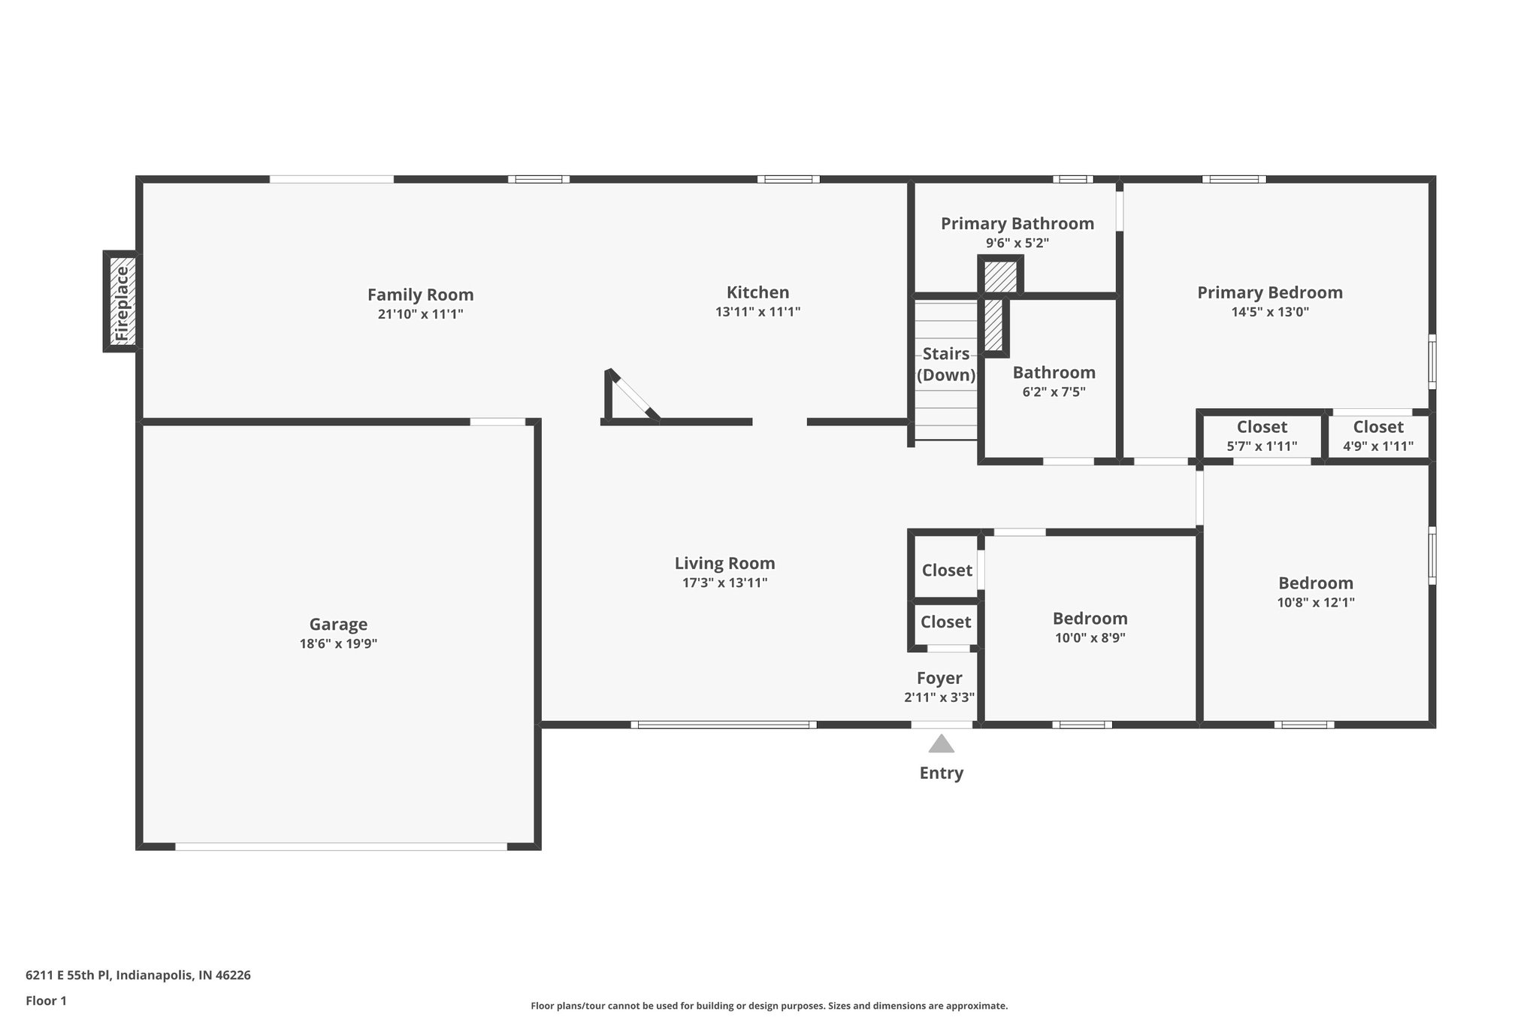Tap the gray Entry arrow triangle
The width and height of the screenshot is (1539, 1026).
coord(941,744)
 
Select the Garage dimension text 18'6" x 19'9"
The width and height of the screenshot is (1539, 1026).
coord(338,643)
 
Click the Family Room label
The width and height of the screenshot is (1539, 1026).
coord(420,295)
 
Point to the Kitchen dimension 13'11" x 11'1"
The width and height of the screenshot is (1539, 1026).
coord(757,312)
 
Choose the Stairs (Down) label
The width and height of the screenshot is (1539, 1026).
coord(945,365)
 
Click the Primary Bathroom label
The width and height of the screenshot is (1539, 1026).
coord(1017,223)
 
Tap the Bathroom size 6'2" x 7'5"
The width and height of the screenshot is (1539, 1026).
coord(1054,392)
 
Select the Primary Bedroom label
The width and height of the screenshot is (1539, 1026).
coord(1269,292)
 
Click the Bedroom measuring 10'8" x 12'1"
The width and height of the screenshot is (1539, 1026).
coord(1315,592)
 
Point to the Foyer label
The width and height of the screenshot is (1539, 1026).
coord(939,678)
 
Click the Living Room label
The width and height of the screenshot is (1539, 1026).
coord(724,563)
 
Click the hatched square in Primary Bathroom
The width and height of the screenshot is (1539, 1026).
coord(1000,276)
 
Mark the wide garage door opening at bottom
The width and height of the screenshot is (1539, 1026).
coord(341,846)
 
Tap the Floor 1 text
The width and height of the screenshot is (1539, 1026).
coord(46,1000)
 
